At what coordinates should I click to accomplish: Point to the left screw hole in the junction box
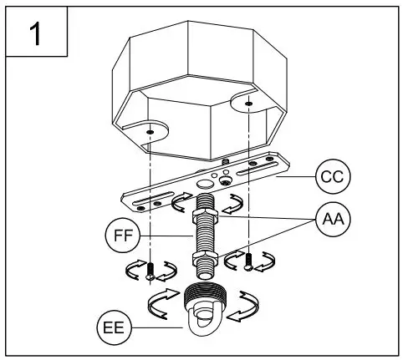(x=150, y=132)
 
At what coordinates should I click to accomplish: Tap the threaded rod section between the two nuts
(x=205, y=236)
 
